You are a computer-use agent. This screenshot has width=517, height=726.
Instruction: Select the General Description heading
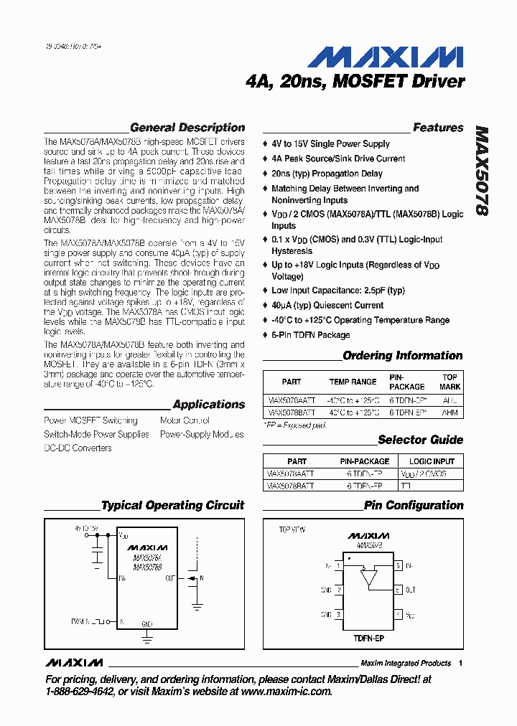pyautogui.click(x=187, y=128)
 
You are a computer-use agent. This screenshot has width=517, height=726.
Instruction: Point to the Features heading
pyautogui.click(x=438, y=128)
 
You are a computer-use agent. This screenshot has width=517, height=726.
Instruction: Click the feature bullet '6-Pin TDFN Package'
pyautogui.click(x=310, y=335)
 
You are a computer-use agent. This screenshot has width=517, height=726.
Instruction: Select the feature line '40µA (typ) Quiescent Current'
pyautogui.click(x=327, y=306)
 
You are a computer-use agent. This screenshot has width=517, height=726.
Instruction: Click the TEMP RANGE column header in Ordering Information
pyautogui.click(x=353, y=382)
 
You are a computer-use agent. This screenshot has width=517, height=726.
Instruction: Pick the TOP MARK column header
pyautogui.click(x=450, y=382)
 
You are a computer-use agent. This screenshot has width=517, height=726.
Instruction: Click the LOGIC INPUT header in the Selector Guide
pyautogui.click(x=432, y=461)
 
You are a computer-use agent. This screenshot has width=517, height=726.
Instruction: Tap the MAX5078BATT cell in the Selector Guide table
pyautogui.click(x=290, y=486)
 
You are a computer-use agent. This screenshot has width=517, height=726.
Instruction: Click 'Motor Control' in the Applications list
pyautogui.click(x=185, y=420)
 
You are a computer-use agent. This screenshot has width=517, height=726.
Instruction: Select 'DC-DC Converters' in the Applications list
pyautogui.click(x=78, y=448)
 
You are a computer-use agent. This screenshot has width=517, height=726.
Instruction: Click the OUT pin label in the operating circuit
pyautogui.click(x=169, y=577)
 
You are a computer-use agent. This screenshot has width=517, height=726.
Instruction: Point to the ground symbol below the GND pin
pyautogui.click(x=146, y=634)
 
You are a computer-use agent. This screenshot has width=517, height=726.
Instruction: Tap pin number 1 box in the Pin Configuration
pyautogui.click(x=338, y=566)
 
